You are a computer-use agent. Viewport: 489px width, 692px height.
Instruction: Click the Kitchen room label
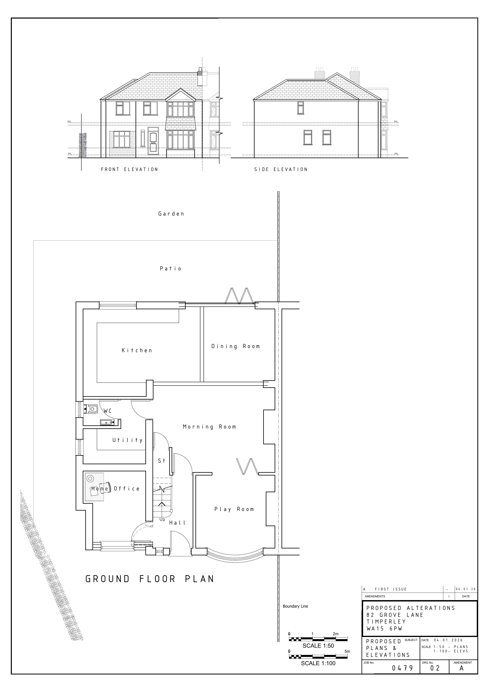pos(137,350)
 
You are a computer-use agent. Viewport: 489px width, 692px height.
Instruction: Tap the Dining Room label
pos(235,346)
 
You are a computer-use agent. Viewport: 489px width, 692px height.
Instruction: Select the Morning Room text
pos(209,427)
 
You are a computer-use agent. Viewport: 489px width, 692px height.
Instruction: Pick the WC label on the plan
pos(108,411)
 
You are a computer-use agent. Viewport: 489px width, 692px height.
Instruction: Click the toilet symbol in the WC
pos(92,409)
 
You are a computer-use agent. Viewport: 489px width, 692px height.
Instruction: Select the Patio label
pos(171,269)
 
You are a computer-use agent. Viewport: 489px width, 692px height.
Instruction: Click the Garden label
pos(171,214)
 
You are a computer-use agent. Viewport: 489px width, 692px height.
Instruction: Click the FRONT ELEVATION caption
pos(129,169)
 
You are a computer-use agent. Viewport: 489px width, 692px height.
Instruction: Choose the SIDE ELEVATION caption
pos(281,169)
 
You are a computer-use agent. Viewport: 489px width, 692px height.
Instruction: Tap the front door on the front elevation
pos(153,141)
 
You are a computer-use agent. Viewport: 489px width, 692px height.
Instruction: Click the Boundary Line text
pos(295,606)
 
